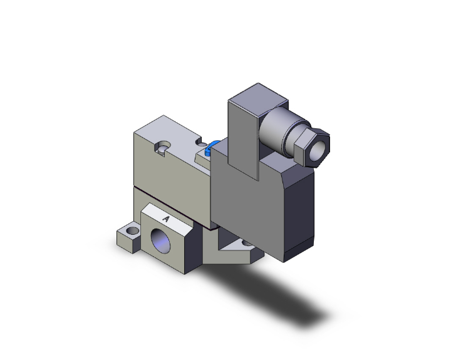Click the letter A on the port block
166,219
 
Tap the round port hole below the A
164,242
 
